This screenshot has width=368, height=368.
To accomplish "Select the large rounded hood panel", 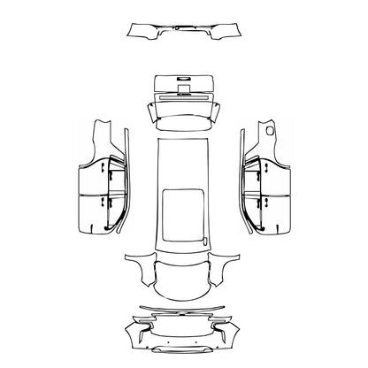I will click(184, 277).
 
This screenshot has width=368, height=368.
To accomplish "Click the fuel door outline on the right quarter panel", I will click(268, 131).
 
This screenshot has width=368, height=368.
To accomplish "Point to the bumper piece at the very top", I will click(185, 33).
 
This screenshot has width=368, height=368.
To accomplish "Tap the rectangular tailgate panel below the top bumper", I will click(185, 87).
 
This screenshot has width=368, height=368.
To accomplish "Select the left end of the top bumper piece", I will click(135, 33).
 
